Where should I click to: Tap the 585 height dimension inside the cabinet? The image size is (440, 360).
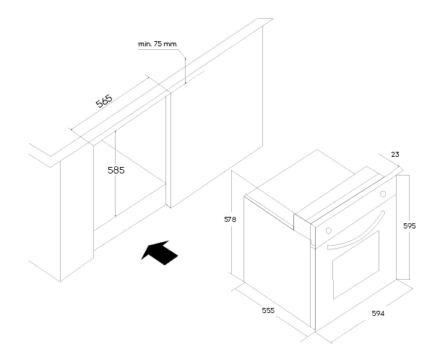tap(116, 171)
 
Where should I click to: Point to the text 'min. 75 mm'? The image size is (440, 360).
tap(158, 44)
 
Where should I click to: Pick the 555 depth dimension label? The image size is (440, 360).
tap(268, 312)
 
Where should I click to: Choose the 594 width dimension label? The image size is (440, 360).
tap(377, 314)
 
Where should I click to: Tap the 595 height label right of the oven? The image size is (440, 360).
tap(410, 226)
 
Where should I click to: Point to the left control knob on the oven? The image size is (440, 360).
tap(329, 231)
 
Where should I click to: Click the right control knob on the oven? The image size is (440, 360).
tap(383, 194)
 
